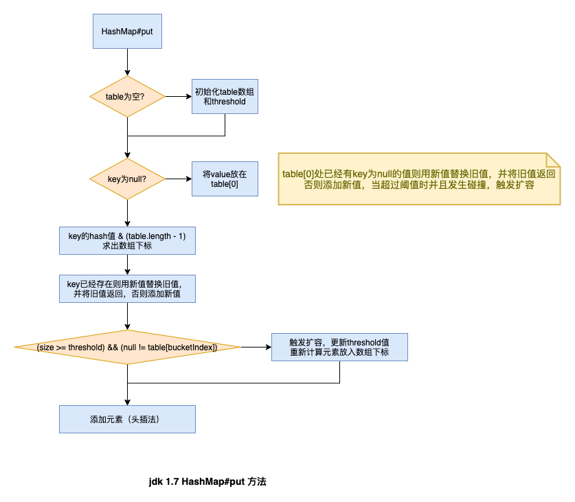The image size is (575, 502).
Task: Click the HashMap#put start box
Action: (x=127, y=32)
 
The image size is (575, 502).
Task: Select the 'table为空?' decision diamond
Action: (x=127, y=96)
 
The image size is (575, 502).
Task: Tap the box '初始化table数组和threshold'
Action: (x=225, y=96)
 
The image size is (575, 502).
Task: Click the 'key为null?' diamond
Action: (x=127, y=179)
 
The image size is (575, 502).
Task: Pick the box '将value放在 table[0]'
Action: (x=225, y=179)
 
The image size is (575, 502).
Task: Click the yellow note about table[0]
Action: (x=418, y=179)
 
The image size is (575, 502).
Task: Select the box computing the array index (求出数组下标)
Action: (x=127, y=240)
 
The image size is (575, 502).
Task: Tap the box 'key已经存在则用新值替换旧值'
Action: (x=127, y=288)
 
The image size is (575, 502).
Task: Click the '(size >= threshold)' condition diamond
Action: (x=127, y=347)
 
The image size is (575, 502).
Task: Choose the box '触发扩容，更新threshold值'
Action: (x=340, y=347)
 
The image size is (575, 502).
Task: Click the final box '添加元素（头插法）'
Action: (x=127, y=419)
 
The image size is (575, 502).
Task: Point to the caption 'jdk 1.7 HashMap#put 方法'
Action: (x=207, y=481)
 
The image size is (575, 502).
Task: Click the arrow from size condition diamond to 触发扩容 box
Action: (x=256, y=347)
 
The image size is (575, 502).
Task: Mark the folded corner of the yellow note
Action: (x=553, y=159)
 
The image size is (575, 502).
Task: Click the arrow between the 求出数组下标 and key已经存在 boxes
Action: (x=127, y=264)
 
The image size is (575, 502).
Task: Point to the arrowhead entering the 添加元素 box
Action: (x=127, y=401)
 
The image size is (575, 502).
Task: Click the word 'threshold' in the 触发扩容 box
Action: (x=363, y=342)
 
